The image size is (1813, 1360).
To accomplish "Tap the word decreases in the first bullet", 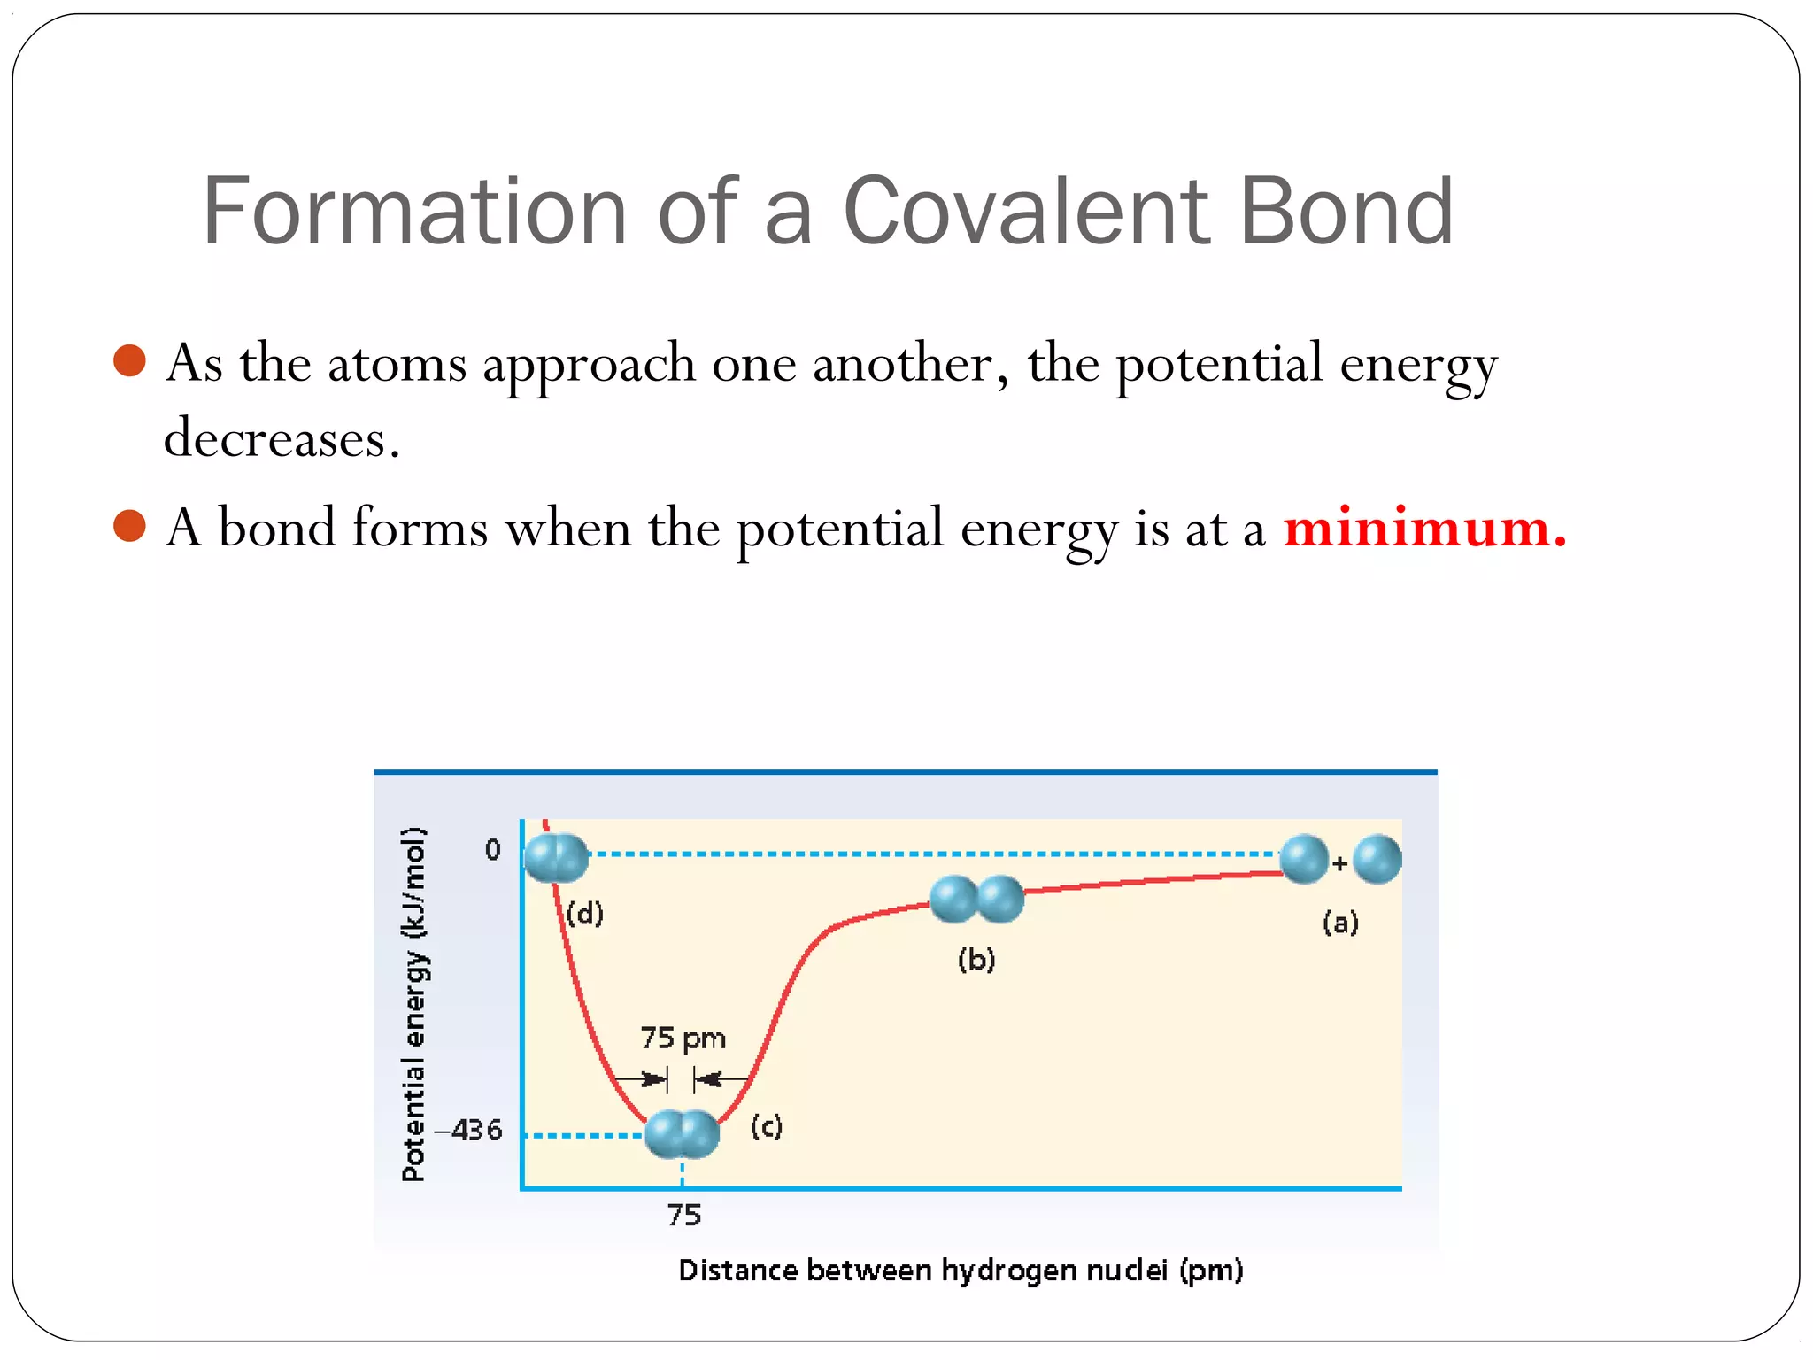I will click(282, 439).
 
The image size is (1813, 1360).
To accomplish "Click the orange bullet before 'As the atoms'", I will click(130, 361).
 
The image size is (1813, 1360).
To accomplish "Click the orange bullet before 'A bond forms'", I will click(130, 526).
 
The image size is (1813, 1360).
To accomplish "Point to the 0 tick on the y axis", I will click(492, 851).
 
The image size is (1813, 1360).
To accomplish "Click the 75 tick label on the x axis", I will click(683, 1215).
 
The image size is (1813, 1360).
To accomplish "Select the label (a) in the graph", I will click(1340, 923).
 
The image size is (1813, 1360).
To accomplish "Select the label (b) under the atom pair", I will click(976, 960).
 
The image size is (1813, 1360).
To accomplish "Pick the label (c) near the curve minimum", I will click(767, 1126).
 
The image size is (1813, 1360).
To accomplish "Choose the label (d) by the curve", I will click(585, 913).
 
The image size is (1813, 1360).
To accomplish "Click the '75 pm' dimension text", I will click(683, 1038).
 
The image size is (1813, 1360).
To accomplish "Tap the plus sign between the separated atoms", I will click(1340, 862).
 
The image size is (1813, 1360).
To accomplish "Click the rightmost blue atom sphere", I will click(1377, 860).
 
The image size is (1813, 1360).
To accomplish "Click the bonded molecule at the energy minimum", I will click(682, 1134).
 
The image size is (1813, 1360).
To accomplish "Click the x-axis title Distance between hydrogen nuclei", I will click(961, 1271).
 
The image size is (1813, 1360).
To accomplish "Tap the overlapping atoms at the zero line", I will click(556, 858).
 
